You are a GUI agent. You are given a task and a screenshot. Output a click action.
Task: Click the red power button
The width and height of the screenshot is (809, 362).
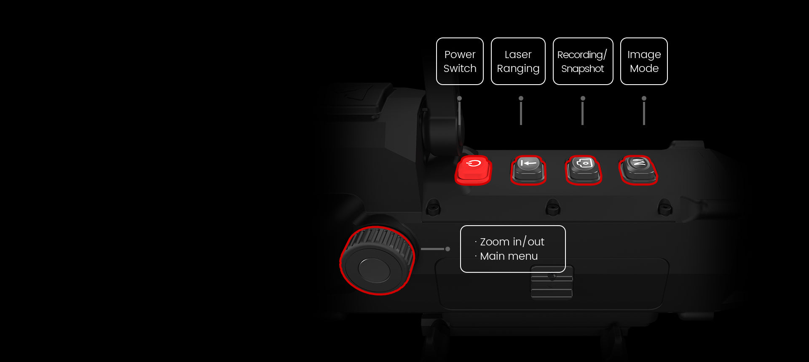coord(473,170)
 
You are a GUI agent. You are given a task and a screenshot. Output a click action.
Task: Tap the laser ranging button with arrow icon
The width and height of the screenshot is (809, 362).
coord(528,170)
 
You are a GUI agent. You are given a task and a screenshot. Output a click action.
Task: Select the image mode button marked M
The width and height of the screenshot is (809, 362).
coord(638,170)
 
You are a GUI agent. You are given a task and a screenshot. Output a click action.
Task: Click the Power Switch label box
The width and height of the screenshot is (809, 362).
coord(460,61)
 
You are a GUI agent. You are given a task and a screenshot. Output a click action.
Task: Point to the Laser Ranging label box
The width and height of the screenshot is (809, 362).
coord(518,61)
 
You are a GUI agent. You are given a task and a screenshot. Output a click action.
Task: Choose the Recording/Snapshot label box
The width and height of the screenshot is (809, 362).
coord(583,61)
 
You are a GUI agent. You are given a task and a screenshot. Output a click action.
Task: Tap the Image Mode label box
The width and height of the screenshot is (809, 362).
coord(644,61)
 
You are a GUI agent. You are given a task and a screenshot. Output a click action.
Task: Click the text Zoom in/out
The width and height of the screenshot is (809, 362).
coord(512,242)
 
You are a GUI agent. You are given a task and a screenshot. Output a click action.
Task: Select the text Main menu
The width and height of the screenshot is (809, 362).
coord(509,256)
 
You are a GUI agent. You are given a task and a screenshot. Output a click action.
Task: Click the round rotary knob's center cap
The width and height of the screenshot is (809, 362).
coord(375,270)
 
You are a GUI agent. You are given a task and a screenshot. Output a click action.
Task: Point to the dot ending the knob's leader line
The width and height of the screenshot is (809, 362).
coord(447,249)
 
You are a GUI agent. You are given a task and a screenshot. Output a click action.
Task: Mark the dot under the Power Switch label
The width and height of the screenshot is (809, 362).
coord(459,98)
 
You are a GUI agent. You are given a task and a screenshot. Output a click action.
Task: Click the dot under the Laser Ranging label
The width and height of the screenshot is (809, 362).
coord(521,98)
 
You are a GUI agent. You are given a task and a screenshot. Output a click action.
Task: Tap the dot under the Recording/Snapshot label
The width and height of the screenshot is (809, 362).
coord(583,98)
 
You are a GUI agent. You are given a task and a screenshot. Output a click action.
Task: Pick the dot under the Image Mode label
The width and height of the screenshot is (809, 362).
coord(644,98)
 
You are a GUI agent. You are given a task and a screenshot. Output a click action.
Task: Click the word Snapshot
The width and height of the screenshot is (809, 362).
coord(583,69)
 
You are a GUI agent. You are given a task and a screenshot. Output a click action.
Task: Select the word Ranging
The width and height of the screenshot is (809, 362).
coord(518,69)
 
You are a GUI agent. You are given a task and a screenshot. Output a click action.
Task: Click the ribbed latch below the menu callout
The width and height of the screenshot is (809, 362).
coord(552,282)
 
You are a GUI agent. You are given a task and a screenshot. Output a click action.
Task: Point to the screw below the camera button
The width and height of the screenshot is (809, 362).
coord(552,207)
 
